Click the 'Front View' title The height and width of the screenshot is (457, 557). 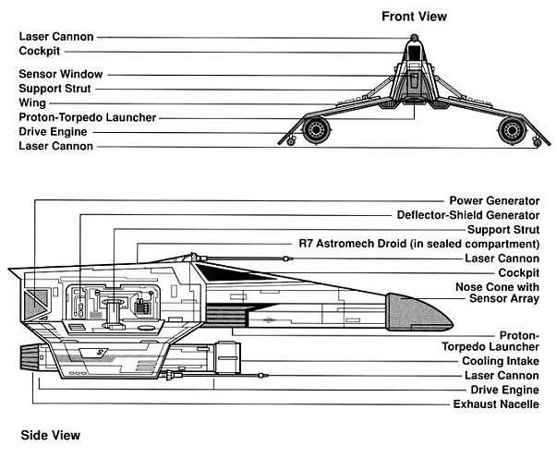414,16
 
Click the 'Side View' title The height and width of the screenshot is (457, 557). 50,434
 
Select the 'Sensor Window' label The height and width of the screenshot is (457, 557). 61,73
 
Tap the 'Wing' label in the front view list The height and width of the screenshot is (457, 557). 32,102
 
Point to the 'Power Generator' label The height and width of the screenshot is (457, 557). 494,200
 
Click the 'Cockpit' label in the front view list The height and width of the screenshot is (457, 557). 40,52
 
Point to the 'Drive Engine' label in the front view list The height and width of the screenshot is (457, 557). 54,132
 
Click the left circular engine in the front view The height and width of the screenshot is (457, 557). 317,128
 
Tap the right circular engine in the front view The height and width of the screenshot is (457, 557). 511,128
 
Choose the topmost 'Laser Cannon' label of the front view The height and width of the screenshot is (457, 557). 55,37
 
